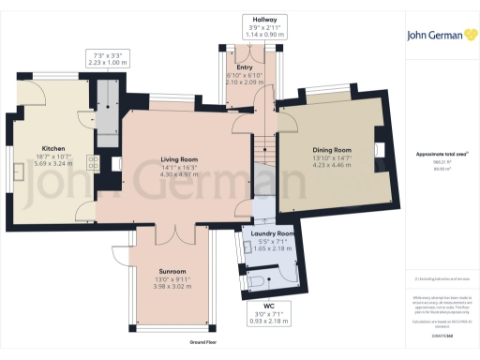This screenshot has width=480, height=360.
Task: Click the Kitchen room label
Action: (52, 149)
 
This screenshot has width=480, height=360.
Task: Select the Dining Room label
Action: (332, 150)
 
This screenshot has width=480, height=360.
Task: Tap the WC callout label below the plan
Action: (268, 306)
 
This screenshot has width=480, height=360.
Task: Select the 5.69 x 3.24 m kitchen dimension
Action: (52, 164)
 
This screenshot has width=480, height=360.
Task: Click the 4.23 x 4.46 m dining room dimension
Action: (332, 165)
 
